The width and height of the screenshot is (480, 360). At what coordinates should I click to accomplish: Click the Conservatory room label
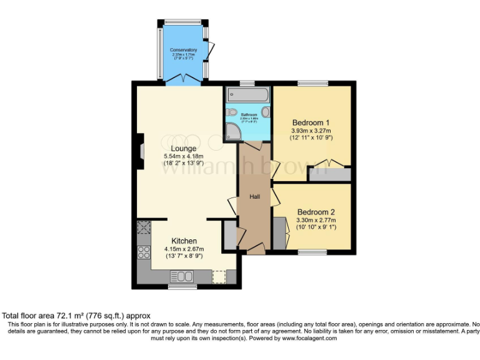coord(184,49)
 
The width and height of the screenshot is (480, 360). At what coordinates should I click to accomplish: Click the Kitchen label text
coord(184,241)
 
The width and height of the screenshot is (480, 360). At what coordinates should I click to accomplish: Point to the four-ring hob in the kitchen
coord(143,252)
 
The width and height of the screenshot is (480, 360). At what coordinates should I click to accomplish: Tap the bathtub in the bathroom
coord(247,95)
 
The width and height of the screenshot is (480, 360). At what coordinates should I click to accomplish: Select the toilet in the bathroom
coord(232,112)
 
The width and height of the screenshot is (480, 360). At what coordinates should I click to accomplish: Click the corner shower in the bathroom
coord(232,132)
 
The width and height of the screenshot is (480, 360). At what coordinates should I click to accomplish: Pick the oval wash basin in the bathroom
coord(265,112)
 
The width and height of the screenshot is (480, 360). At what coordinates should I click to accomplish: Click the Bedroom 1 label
coord(311,122)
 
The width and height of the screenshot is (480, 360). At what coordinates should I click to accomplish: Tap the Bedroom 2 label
coord(316,212)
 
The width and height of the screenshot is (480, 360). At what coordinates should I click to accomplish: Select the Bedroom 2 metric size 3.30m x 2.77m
coord(316,220)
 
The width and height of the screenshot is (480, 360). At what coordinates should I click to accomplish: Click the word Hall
coord(255,197)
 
